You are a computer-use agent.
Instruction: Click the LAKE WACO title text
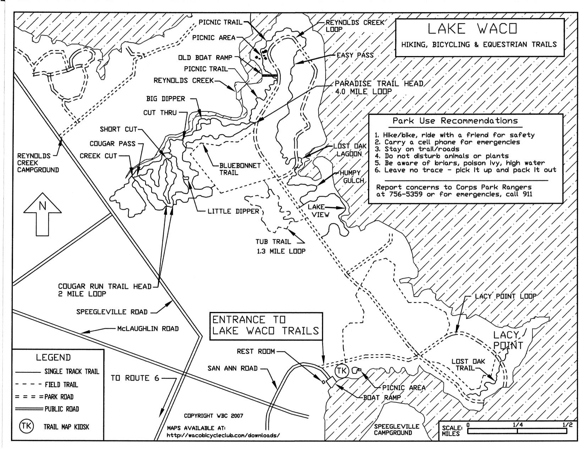(472, 29)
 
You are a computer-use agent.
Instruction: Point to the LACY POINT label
(508, 340)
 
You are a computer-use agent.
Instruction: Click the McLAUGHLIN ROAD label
(148, 329)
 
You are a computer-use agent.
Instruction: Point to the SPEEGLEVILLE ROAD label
(112, 312)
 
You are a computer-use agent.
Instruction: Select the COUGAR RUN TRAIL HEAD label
(105, 290)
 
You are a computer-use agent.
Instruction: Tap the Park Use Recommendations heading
(455, 121)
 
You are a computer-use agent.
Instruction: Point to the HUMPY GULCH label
(352, 177)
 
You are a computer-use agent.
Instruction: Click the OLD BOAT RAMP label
(205, 58)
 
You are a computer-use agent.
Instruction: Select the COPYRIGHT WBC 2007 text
(213, 416)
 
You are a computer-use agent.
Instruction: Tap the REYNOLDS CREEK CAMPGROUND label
(38, 163)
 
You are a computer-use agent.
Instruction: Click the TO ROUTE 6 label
(135, 378)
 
